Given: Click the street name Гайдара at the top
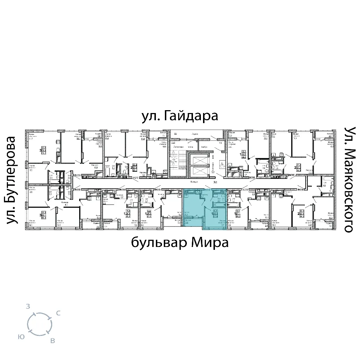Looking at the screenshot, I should [191, 117].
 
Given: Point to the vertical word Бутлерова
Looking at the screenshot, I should [13, 180].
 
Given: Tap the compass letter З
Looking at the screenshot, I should [28, 307].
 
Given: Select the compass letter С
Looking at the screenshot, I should [58, 314].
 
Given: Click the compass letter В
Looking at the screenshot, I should [53, 341].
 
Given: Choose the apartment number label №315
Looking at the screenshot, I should [76, 189].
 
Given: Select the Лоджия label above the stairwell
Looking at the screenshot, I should [195, 133].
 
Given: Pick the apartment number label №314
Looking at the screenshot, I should [122, 189].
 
